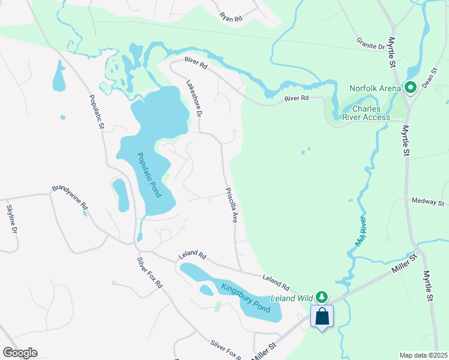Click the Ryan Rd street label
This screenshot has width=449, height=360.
click(231, 18)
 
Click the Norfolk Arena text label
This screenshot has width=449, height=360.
click(375, 88)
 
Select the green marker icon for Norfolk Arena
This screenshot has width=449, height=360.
click(411, 88)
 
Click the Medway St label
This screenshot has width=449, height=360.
click(427, 202)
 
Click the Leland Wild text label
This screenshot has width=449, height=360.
click(292, 298)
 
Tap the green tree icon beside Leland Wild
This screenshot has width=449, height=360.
click(322, 296)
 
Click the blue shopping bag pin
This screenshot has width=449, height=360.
click(322, 317)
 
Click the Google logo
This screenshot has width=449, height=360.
click(20, 352)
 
